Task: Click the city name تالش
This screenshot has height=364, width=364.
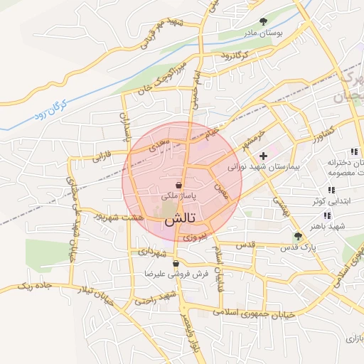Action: [x=182, y=220]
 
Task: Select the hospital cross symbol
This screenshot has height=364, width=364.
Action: [x=264, y=155]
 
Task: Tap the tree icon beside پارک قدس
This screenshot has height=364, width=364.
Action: [x=298, y=235]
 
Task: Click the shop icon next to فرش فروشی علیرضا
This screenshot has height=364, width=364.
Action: [x=176, y=264]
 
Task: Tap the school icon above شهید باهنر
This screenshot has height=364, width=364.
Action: [x=327, y=215]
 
